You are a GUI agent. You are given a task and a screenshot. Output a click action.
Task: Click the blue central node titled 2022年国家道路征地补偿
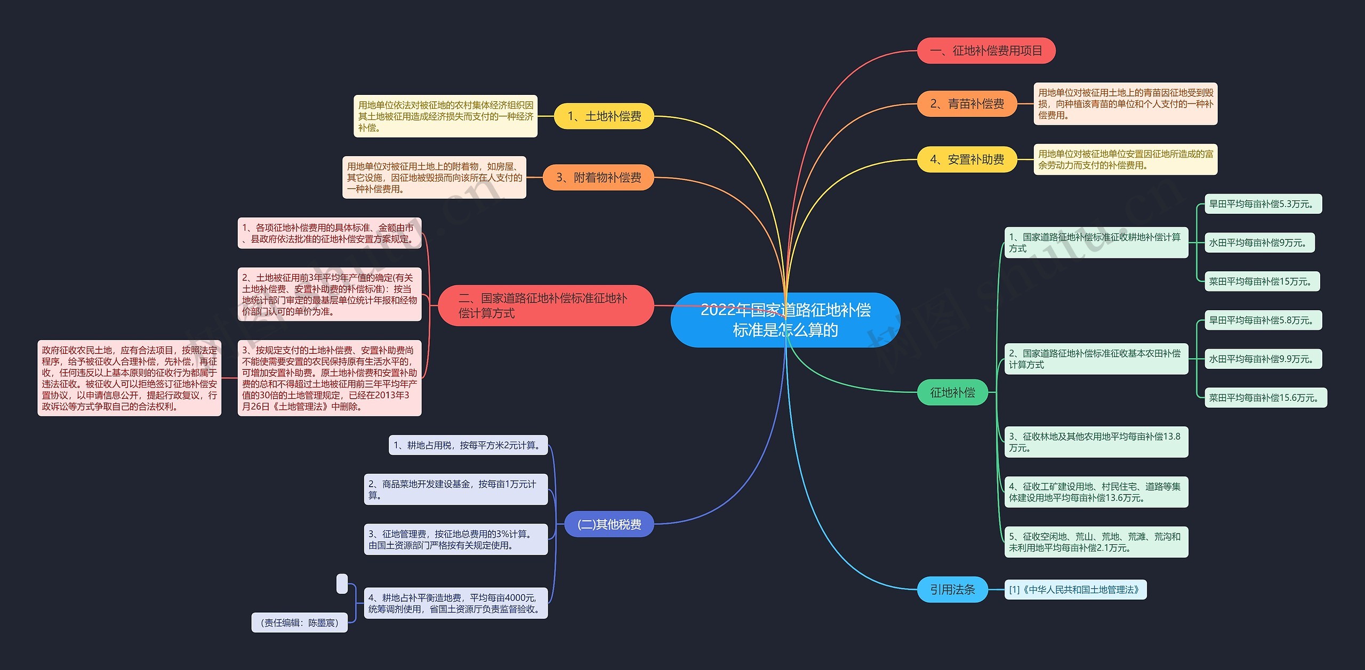pos(785,320)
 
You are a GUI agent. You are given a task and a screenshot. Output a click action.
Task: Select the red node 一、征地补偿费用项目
pos(986,51)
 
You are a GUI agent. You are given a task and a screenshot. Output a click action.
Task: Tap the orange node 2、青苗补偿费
pos(967,104)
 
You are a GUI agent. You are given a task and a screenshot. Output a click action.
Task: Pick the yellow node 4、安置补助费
pos(967,159)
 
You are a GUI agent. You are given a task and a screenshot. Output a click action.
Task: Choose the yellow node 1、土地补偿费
pos(604,116)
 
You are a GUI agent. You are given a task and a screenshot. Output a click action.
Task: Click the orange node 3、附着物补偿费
pos(598,177)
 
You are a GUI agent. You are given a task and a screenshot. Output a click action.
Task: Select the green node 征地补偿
pos(952,392)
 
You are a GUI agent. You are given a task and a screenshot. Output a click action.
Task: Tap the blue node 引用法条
pos(952,590)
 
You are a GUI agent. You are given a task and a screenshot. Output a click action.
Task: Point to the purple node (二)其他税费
pos(609,524)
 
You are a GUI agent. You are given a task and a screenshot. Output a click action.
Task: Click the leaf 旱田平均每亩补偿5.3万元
pos(1263,204)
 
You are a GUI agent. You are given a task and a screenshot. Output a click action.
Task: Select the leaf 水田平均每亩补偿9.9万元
pos(1263,359)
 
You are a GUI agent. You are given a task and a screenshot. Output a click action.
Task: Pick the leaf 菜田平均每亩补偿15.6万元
pos(1265,398)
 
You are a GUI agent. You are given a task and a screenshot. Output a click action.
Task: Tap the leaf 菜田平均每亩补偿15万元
pos(1262,281)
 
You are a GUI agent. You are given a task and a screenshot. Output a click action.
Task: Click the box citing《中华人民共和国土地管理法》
pos(1075,590)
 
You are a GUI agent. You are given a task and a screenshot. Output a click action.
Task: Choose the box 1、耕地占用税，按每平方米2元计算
pos(468,445)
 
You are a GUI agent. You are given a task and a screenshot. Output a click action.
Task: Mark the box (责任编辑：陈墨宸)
pos(299,623)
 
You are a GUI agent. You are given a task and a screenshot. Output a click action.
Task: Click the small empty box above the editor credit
pos(342,584)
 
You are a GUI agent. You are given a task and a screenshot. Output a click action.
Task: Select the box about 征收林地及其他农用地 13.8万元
pos(1096,442)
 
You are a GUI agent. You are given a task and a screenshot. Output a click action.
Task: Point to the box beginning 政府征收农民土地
pos(129,378)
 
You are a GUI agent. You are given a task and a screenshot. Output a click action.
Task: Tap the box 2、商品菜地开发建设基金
pos(455,489)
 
